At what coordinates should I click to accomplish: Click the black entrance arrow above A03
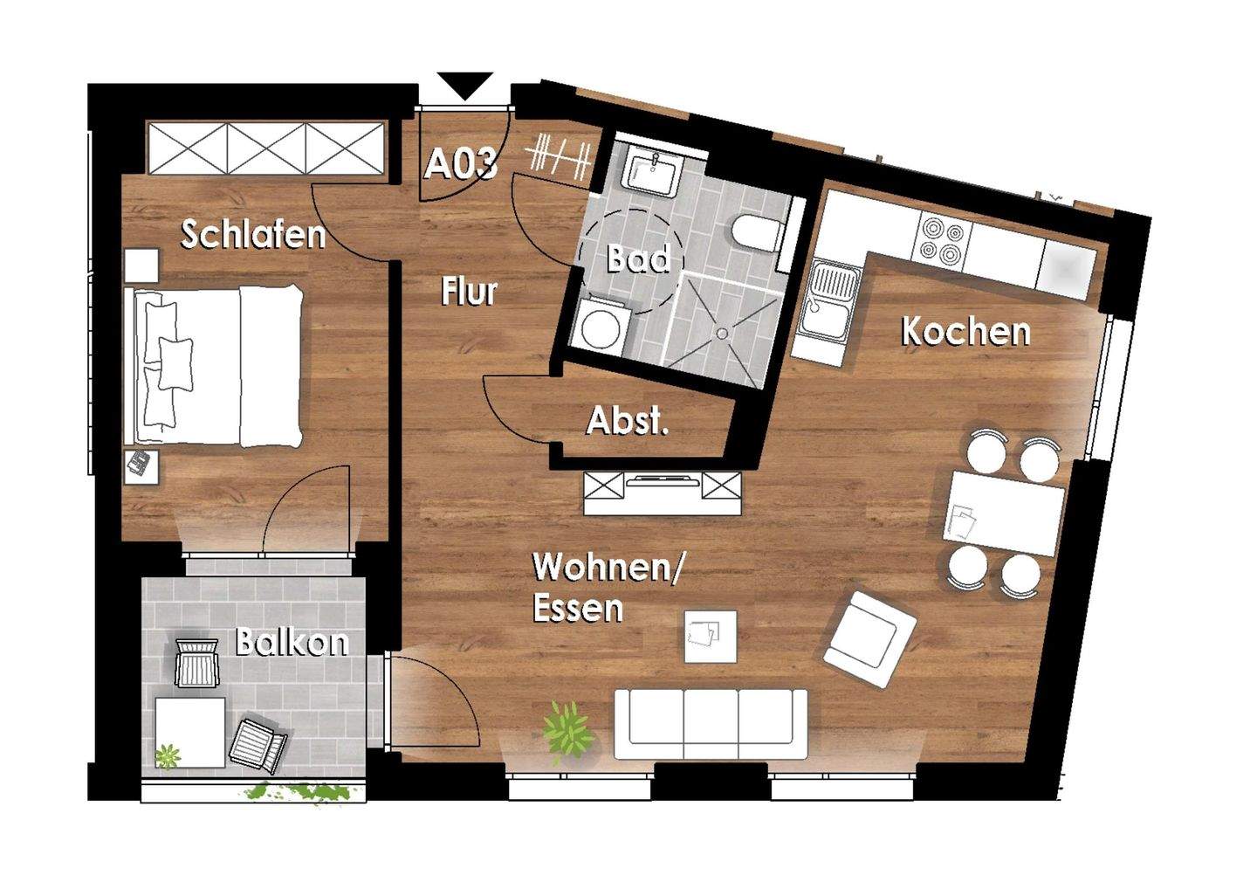pos(465,85)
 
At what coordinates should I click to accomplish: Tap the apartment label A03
pos(461,164)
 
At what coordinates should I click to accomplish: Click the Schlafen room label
pos(252,234)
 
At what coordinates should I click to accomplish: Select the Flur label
pos(469,292)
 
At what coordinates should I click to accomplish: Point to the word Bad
pos(638,259)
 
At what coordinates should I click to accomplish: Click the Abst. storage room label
pos(627,421)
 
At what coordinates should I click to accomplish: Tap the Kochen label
pos(965,332)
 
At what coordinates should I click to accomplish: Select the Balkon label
pos(292,643)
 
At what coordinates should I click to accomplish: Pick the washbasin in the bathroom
pos(651,172)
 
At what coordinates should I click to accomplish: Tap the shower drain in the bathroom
pos(721,332)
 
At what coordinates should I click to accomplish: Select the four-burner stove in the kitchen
pos(941,240)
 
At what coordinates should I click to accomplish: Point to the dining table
pos(1006,513)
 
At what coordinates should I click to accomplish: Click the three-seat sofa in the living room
pos(711,724)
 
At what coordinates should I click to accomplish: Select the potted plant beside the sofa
pos(567,727)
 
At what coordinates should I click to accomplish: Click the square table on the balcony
pos(190,732)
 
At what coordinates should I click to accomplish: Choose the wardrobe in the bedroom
pos(266,148)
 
